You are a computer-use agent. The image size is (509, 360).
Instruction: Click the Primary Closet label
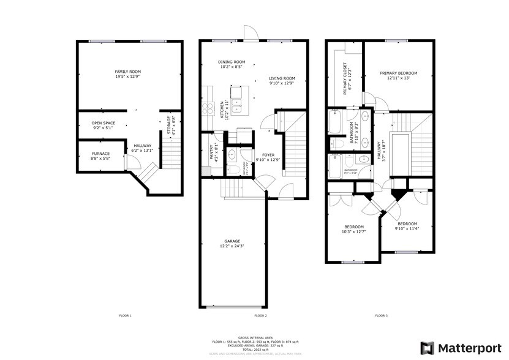[346, 76]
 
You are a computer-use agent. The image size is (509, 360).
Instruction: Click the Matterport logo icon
[427, 347]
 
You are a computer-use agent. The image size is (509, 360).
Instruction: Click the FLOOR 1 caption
[126, 315]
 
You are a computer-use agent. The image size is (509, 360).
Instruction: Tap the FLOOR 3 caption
[380, 315]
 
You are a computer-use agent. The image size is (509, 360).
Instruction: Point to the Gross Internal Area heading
[254, 337]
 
